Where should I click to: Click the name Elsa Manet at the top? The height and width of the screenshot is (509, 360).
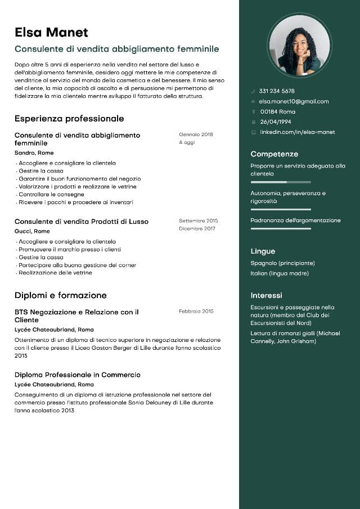pyautogui.click(x=51, y=32)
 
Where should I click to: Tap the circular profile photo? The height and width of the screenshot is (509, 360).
pyautogui.click(x=299, y=45)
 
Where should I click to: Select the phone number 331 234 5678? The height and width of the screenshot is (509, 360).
pyautogui.click(x=277, y=91)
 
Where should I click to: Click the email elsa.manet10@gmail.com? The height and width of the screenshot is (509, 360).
pyautogui.click(x=294, y=101)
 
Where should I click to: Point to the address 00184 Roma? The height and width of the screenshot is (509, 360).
pyautogui.click(x=277, y=112)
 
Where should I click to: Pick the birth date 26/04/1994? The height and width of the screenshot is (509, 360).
pyautogui.click(x=276, y=122)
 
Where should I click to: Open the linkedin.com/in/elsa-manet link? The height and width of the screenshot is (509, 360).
pyautogui.click(x=297, y=132)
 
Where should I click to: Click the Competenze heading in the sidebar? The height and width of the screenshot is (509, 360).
pyautogui.click(x=274, y=154)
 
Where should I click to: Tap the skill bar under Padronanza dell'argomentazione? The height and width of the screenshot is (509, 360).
pyautogui.click(x=281, y=229)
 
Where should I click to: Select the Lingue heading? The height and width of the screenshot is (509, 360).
pyautogui.click(x=263, y=251)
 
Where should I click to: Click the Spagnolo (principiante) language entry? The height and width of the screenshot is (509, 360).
pyautogui.click(x=282, y=263)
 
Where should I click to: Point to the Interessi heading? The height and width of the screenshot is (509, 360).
pyautogui.click(x=267, y=295)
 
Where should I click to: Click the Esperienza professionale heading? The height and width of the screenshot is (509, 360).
pyautogui.click(x=69, y=119)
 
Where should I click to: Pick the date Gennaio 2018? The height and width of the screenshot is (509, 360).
pyautogui.click(x=196, y=134)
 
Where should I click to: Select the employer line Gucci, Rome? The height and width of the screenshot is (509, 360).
pyautogui.click(x=32, y=231)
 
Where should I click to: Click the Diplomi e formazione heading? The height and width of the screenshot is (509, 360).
pyautogui.click(x=61, y=295)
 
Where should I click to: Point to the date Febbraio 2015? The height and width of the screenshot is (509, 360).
pyautogui.click(x=196, y=311)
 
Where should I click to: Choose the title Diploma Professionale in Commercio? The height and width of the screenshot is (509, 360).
pyautogui.click(x=78, y=375)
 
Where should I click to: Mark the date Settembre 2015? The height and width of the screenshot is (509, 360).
pyautogui.click(x=198, y=221)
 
